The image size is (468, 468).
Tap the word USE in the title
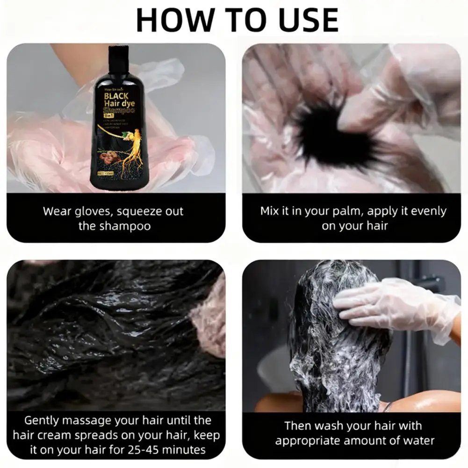click(x=304, y=20)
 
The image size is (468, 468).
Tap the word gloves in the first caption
click(x=94, y=211)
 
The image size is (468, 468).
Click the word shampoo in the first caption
click(x=125, y=226)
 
